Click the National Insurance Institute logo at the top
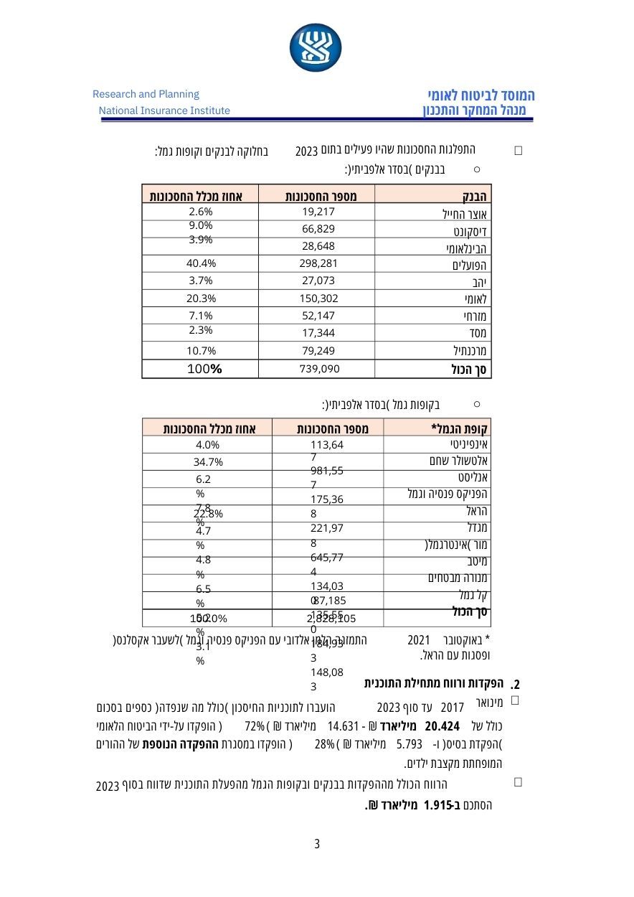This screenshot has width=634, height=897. tap(317, 47)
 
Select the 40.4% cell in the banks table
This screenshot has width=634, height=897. tap(202, 263)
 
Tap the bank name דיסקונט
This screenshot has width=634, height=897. tap(470, 231)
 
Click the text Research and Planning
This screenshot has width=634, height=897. tap(146, 94)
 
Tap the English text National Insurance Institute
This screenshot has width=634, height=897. tap(164, 111)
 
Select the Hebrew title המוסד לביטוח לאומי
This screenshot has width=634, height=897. tap(481, 95)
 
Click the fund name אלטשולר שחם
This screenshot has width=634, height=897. tap(461, 460)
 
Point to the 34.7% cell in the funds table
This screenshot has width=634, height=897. tap(209, 461)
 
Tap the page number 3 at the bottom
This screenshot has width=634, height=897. tap(317, 844)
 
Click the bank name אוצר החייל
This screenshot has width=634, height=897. tap(465, 214)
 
